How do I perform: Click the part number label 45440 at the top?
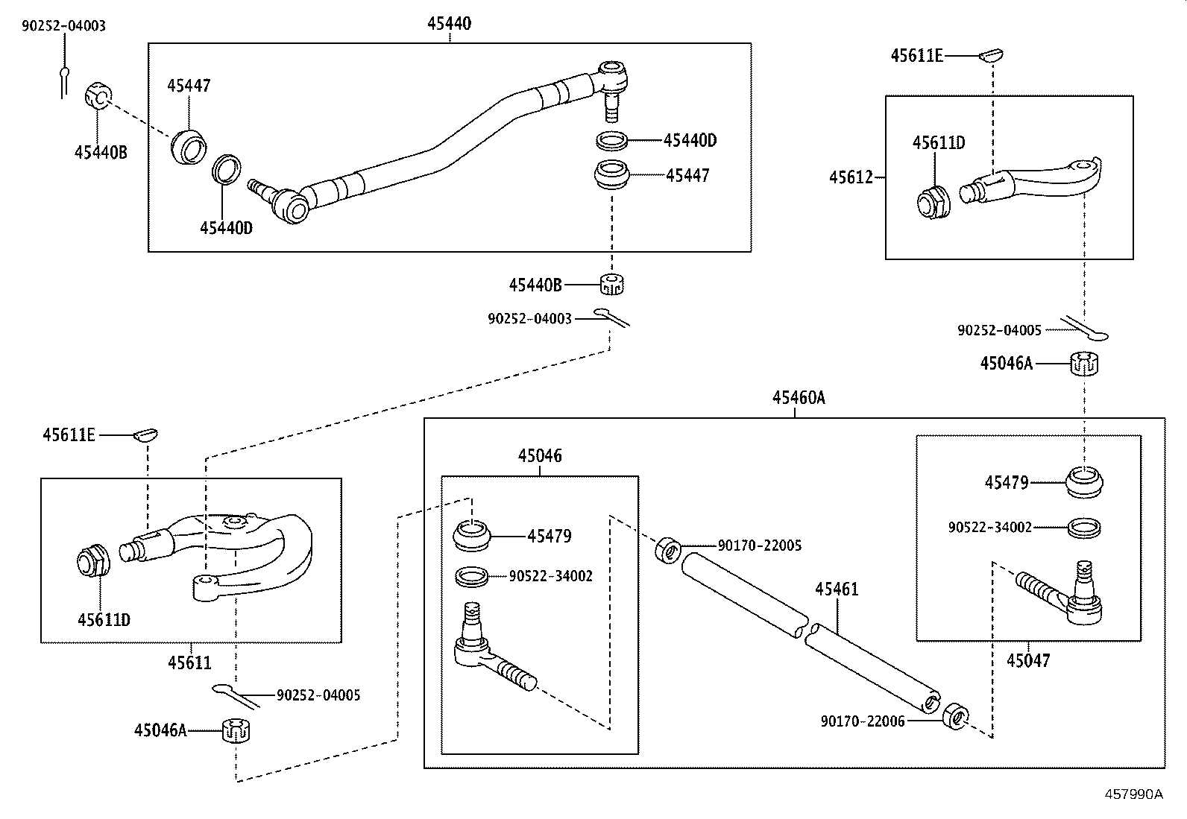click(x=449, y=24)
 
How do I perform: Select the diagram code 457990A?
click(x=1133, y=794)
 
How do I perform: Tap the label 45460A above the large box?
click(x=798, y=398)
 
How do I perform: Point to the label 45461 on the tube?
click(x=836, y=589)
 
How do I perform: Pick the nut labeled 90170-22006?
click(x=955, y=715)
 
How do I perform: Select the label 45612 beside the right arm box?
click(x=851, y=177)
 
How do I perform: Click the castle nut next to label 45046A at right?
click(x=1085, y=364)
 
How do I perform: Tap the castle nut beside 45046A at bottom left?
click(x=236, y=730)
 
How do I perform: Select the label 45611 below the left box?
click(x=189, y=662)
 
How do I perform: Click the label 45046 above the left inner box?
click(x=540, y=455)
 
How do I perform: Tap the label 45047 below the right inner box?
click(x=1027, y=660)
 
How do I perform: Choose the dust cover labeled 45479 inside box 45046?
click(x=472, y=536)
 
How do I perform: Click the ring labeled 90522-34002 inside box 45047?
click(x=1085, y=528)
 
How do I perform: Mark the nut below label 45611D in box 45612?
click(x=932, y=203)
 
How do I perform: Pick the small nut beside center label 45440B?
click(x=611, y=283)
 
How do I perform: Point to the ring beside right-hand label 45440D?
click(x=612, y=139)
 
